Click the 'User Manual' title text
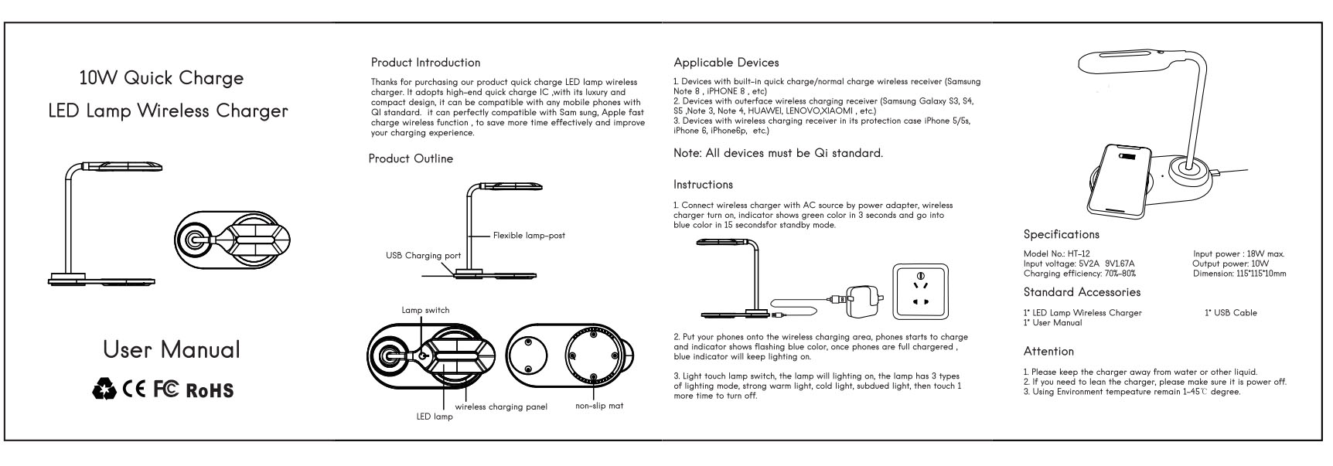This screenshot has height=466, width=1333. (171, 349)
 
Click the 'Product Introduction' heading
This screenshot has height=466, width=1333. (425, 63)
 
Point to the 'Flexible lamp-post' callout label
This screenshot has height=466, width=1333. (529, 235)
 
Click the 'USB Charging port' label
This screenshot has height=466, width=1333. (424, 256)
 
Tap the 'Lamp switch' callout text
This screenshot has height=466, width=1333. (424, 310)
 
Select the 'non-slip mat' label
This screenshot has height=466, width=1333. (599, 406)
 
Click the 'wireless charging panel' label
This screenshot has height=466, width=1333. (501, 406)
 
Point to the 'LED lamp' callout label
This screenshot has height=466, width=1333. (435, 417)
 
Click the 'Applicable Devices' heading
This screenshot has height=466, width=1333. (726, 63)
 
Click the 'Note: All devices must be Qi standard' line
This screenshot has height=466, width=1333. (778, 153)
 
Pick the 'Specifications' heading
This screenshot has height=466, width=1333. (1061, 234)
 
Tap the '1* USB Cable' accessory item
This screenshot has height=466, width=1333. (1230, 313)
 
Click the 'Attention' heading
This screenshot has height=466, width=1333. (1048, 351)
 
